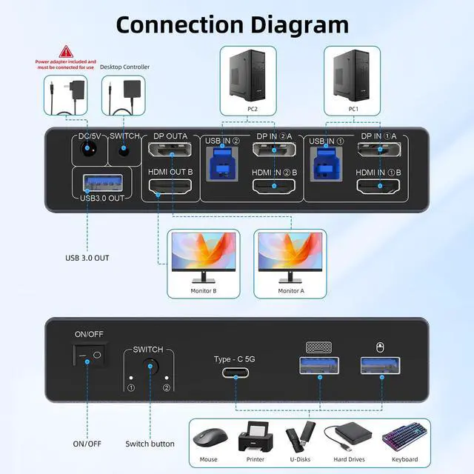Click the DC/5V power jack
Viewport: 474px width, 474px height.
click(x=86, y=153)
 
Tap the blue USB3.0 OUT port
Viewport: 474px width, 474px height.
click(x=87, y=181)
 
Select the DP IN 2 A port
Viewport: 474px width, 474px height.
click(x=275, y=151)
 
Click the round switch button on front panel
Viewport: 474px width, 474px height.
click(x=151, y=366)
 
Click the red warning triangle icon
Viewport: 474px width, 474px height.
click(x=67, y=51)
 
